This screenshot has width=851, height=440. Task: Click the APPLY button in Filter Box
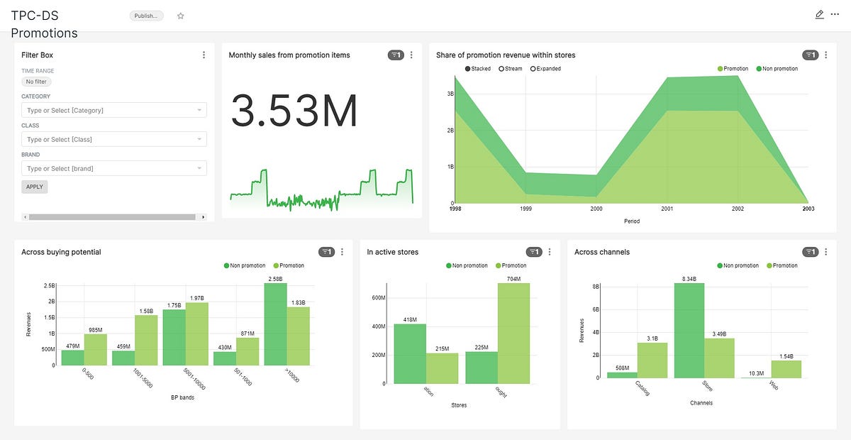[x=35, y=187]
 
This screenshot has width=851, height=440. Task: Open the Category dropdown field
[x=113, y=110]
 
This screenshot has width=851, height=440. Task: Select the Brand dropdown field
[x=113, y=168]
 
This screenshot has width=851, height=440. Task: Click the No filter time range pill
[x=35, y=82]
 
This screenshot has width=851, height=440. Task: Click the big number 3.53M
[x=294, y=111]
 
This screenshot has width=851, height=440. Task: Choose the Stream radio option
[x=511, y=69]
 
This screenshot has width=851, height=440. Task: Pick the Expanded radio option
[x=545, y=69]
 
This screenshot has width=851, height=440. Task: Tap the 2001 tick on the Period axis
[x=667, y=209]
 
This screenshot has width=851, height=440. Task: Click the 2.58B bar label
[x=276, y=278]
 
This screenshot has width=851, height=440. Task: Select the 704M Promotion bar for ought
[x=513, y=334]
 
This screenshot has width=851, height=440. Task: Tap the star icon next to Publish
[x=180, y=16]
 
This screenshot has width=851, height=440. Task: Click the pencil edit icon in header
[x=820, y=14]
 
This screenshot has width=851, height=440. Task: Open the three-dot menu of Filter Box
[x=204, y=55]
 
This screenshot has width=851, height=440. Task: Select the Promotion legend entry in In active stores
[x=511, y=265]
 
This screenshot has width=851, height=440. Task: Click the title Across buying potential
[x=61, y=252]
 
